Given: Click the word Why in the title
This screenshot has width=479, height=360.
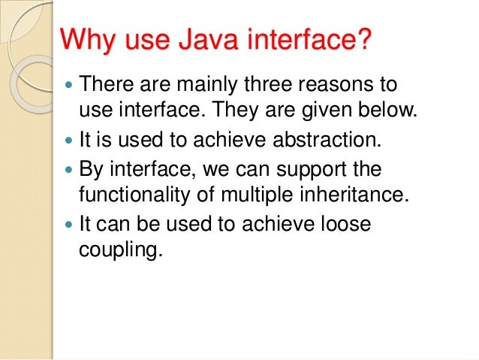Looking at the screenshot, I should coord(82,38).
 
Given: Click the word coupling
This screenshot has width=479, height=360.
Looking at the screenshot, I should coord(119,252).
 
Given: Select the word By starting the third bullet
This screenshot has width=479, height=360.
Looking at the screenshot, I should coord(91,168).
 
